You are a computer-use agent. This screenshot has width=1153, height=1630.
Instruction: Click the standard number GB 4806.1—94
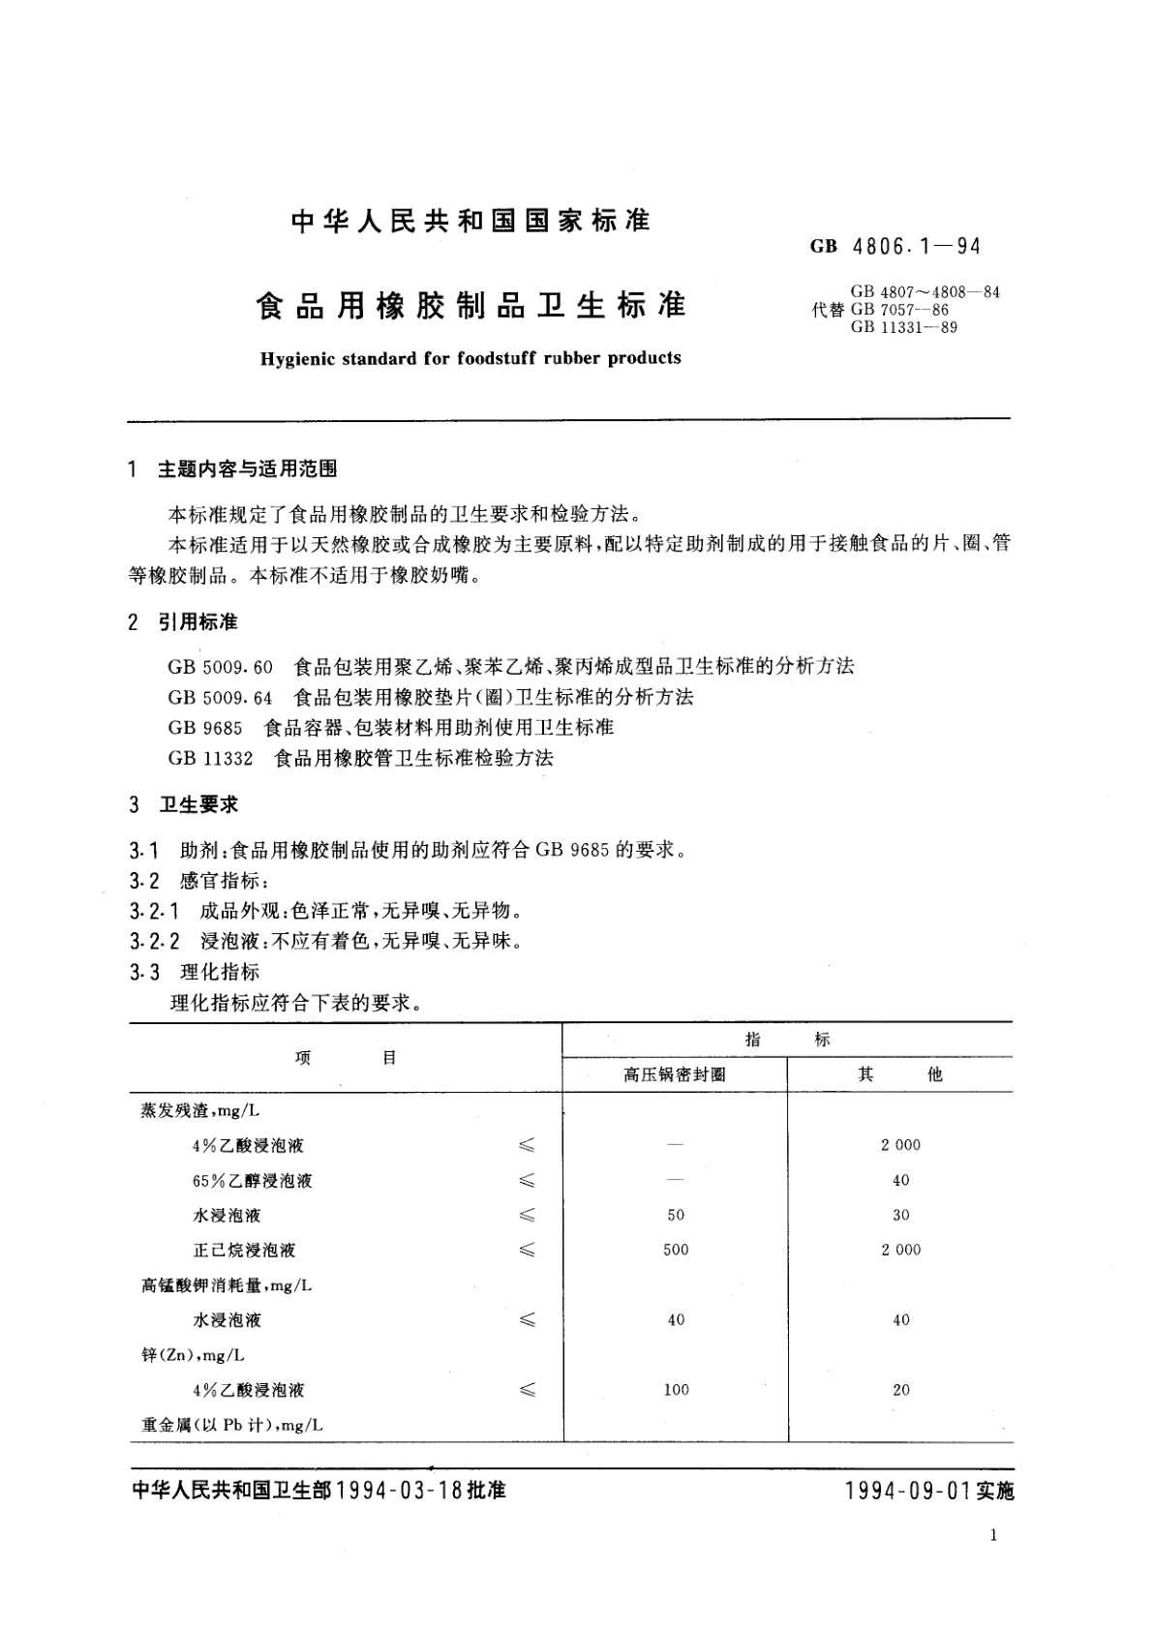(x=895, y=247)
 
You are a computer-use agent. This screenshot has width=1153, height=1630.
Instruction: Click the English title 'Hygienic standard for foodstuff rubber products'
(x=470, y=358)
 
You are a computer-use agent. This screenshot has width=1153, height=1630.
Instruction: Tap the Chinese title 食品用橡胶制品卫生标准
(x=470, y=306)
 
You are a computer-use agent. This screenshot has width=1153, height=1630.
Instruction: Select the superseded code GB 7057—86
(x=899, y=310)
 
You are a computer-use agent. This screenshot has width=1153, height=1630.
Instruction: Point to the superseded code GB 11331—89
(x=904, y=327)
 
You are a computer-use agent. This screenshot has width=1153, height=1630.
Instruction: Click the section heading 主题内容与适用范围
(x=248, y=469)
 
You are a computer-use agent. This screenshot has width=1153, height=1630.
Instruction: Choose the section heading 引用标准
(x=198, y=621)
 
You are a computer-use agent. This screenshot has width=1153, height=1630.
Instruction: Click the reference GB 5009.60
(x=221, y=666)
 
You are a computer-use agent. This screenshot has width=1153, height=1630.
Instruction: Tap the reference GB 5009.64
(x=221, y=697)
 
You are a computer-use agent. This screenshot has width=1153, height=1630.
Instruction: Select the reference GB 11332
(x=210, y=758)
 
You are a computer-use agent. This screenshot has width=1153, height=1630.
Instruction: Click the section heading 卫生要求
(x=198, y=805)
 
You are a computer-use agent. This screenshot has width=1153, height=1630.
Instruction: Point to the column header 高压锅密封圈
(x=675, y=1074)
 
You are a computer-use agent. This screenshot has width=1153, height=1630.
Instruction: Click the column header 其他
(x=900, y=1074)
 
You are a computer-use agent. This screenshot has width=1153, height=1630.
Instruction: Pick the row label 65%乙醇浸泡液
(x=253, y=1181)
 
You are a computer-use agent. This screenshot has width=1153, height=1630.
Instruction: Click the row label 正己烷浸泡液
(x=244, y=1251)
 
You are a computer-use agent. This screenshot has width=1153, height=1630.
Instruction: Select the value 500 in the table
(x=676, y=1251)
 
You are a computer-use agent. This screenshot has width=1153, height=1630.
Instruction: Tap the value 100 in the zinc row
(x=676, y=1390)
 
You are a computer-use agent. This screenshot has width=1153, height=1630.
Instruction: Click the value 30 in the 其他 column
(x=901, y=1216)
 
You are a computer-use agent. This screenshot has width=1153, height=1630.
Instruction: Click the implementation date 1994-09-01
(x=907, y=1492)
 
